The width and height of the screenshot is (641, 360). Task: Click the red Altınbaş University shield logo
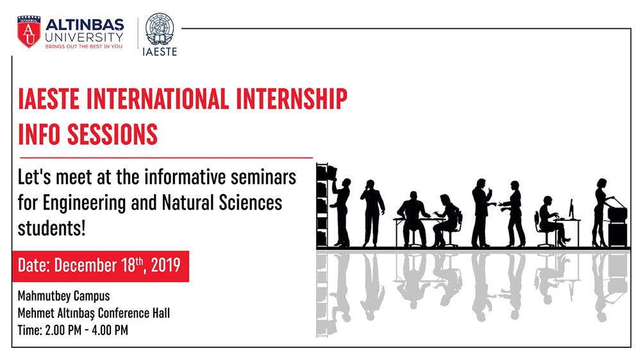point(29,32)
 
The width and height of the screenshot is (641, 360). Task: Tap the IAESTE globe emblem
point(160,29)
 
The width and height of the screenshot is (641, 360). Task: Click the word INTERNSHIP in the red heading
point(292,99)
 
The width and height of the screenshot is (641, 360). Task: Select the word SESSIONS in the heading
point(112,134)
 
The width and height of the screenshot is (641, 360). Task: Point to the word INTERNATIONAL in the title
point(158,99)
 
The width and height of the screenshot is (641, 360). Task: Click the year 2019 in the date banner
point(165,265)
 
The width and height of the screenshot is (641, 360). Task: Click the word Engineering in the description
point(84,204)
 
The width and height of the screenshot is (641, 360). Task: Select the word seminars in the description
point(263,177)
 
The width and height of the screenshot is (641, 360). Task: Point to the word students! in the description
point(51,228)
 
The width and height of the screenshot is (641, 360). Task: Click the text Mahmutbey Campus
point(63,296)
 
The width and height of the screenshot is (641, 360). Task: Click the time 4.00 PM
point(110,330)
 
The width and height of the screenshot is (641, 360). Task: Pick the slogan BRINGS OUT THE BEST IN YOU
point(84,47)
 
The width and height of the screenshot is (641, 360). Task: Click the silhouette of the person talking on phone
point(372,213)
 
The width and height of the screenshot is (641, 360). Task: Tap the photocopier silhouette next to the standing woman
point(617,223)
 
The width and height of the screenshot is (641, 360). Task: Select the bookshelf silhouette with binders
point(322,205)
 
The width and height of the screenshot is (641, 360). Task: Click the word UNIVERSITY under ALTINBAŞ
point(84,37)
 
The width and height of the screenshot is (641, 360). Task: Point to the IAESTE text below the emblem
point(160,51)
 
